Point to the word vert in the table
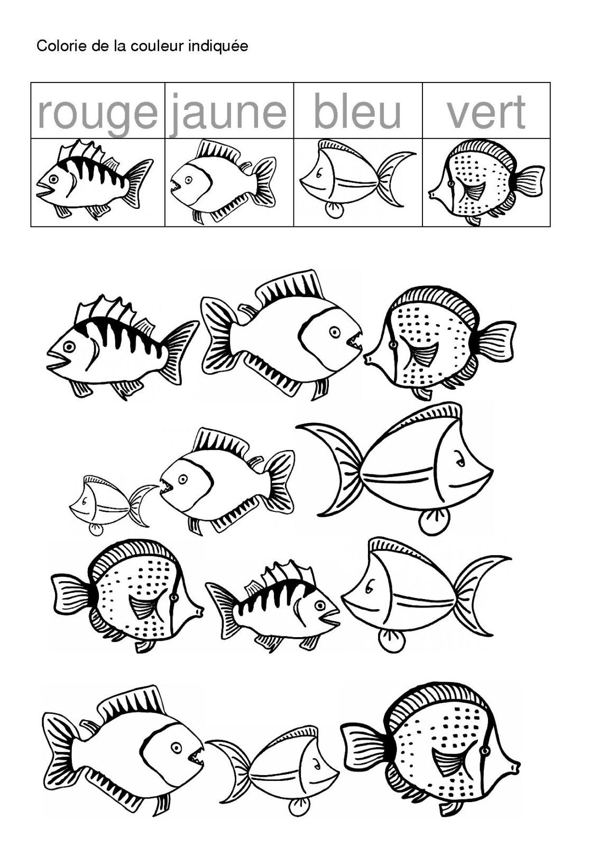click(x=486, y=112)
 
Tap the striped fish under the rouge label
click(x=95, y=180)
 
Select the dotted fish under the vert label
click(x=486, y=182)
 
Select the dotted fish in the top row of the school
click(x=439, y=342)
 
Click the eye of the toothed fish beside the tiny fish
click(x=183, y=479)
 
